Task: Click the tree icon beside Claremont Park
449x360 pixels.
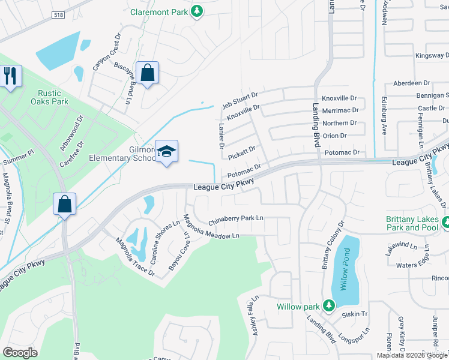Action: click(196, 11)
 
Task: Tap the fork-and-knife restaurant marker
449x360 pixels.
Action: click(10, 76)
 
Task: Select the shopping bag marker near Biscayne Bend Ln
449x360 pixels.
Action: click(147, 73)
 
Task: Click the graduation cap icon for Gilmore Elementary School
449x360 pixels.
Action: click(166, 152)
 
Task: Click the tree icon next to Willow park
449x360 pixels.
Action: click(328, 306)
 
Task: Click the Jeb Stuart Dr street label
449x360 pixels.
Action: click(240, 98)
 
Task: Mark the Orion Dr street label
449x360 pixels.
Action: click(334, 136)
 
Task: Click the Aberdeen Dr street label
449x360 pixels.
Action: click(411, 83)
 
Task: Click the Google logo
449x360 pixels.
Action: click(20, 352)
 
